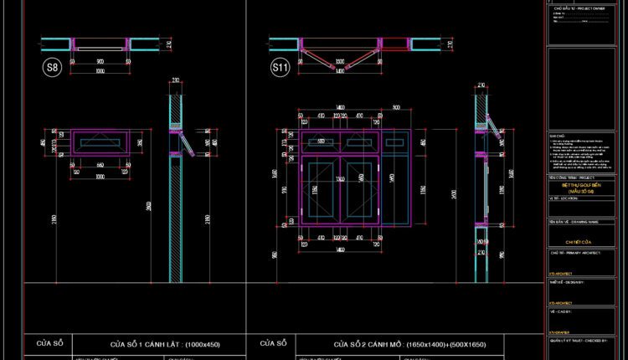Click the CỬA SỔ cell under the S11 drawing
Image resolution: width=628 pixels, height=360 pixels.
pos(274,343)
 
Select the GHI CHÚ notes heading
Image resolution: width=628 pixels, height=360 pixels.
pos(558,135)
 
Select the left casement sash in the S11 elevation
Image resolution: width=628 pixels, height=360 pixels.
pos(323,193)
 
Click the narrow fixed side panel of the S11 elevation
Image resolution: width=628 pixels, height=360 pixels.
pos(400,180)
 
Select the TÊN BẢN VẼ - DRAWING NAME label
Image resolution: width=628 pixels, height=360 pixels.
pos(574,222)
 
